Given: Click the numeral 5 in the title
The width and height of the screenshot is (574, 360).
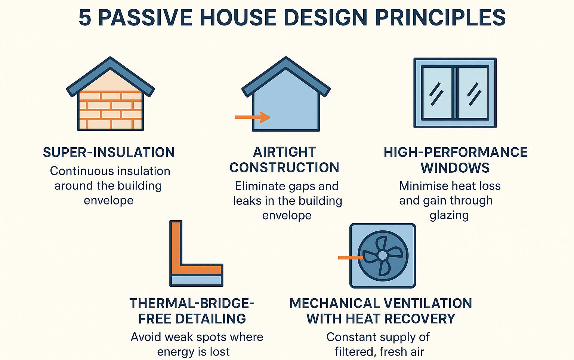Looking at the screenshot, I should (85, 18).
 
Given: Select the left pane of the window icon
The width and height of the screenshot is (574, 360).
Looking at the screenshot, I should (436, 93).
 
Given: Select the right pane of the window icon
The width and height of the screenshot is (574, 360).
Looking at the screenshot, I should (473, 93).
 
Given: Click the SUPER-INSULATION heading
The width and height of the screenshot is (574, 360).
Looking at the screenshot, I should (109, 153).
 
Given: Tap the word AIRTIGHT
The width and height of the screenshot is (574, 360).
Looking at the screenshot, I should (284, 152).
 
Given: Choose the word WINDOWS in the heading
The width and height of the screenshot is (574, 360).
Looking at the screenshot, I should (455, 168).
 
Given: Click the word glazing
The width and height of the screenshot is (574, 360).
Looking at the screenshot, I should (449, 215).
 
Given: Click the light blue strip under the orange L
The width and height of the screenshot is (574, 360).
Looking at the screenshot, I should (196, 280).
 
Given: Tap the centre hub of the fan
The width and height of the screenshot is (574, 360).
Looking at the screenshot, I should (382, 255).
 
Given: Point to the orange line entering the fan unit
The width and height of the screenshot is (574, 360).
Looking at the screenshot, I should (350, 258).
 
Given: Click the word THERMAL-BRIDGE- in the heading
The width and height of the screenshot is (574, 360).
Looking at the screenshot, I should (192, 303).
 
